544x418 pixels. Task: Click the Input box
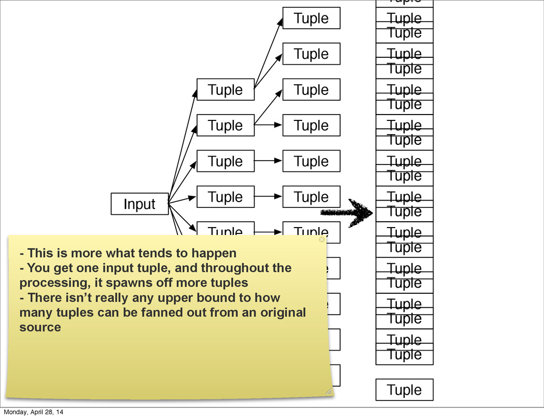139,204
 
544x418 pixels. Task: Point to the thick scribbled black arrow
348,213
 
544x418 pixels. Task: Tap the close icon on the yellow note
321,240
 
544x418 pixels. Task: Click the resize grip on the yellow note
328,391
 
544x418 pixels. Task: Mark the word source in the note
40,327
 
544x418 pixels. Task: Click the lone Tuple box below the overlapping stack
404,390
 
